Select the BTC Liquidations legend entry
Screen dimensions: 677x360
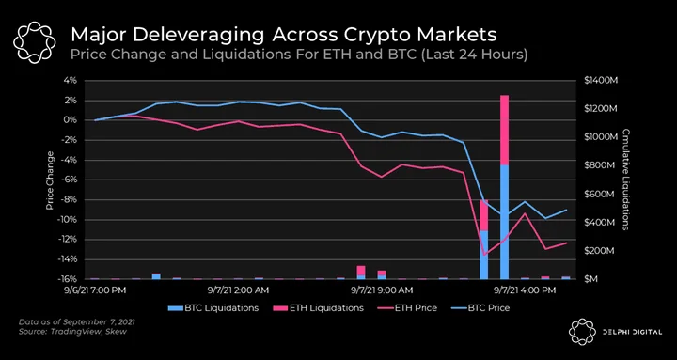click(x=213, y=308)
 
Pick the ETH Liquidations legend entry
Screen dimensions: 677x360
click(x=318, y=308)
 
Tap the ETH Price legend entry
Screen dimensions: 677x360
click(x=407, y=308)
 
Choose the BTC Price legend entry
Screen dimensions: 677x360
click(x=480, y=308)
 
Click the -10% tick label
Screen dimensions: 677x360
click(x=69, y=220)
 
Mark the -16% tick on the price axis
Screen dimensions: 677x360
click(x=69, y=279)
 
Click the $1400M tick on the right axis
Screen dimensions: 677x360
click(x=599, y=81)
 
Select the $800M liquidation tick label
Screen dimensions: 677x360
click(x=598, y=165)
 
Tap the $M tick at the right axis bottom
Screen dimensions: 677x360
click(x=591, y=279)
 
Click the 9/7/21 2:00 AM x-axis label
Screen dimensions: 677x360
click(x=238, y=290)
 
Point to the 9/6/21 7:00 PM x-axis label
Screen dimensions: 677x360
click(x=95, y=290)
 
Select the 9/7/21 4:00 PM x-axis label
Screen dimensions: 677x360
click(x=524, y=290)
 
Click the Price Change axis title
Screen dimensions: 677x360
click(x=50, y=180)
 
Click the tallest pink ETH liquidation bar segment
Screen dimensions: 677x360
click(x=504, y=130)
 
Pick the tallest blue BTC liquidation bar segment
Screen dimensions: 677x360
click(x=504, y=222)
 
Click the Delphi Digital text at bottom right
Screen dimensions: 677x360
click(x=633, y=333)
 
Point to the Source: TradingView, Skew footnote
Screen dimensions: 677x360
click(x=73, y=332)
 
